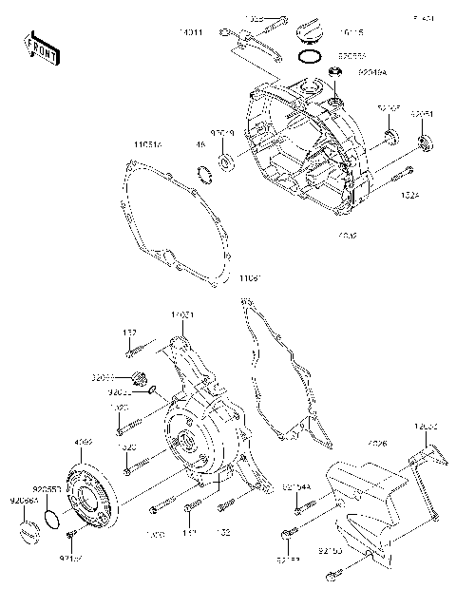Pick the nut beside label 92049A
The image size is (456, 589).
pos(335,71)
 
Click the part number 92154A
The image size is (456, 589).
pos(296,487)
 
